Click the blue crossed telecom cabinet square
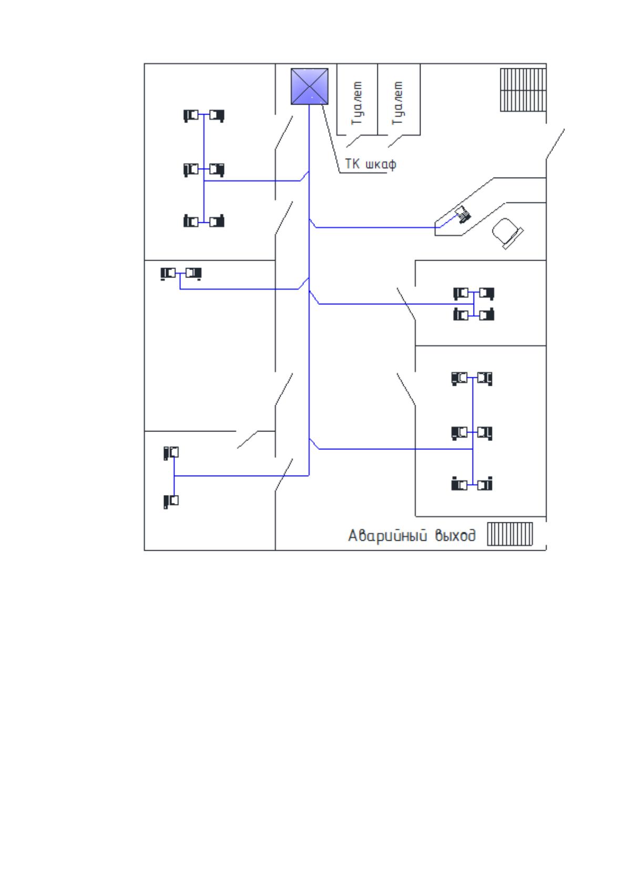pyautogui.click(x=310, y=87)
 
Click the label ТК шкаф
pyautogui.click(x=371, y=164)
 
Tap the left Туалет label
pyautogui.click(x=357, y=103)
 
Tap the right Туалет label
pyautogui.click(x=397, y=103)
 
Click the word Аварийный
pyautogui.click(x=388, y=536)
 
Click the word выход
pyautogui.click(x=455, y=536)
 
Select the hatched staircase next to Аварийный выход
pyautogui.click(x=510, y=534)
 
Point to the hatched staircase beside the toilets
pyautogui.click(x=524, y=90)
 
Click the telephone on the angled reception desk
pyautogui.click(x=463, y=215)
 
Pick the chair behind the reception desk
pyautogui.click(x=507, y=233)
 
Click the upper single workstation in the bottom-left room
pyautogui.click(x=171, y=453)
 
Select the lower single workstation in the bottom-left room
pyautogui.click(x=171, y=501)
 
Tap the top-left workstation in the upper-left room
pyautogui.click(x=191, y=116)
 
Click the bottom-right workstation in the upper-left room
pyautogui.click(x=217, y=221)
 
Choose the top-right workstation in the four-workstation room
pyautogui.click(x=487, y=294)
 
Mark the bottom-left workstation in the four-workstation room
pyautogui.click(x=461, y=314)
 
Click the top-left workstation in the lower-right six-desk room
pyautogui.click(x=459, y=378)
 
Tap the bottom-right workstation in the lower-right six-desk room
pyautogui.click(x=485, y=484)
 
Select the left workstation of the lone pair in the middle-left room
pyautogui.click(x=168, y=273)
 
